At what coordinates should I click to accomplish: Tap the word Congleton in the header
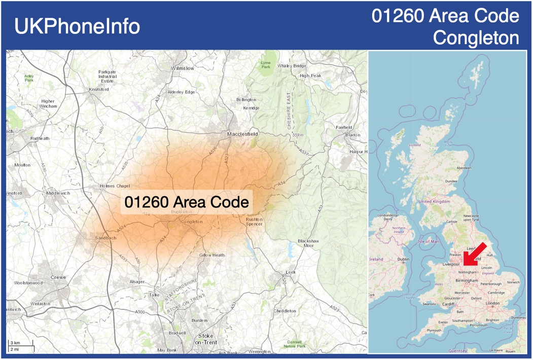[477, 38]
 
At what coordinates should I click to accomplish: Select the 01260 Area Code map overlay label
[187, 202]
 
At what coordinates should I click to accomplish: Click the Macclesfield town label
[242, 134]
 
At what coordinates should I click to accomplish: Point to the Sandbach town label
[105, 238]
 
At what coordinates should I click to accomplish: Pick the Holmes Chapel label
[115, 186]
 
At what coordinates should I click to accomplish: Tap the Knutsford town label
[99, 90]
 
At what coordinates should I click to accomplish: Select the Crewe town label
[58, 277]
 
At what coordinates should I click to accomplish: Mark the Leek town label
[291, 272]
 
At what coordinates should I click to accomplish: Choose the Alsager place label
[137, 281]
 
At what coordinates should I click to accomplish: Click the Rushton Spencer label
[254, 221]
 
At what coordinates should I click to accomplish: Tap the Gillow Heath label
[211, 255]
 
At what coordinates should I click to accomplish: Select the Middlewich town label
[58, 193]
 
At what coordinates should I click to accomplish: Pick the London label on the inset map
[492, 303]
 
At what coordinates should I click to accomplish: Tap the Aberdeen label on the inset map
[464, 168]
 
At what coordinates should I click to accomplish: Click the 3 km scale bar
[20, 345]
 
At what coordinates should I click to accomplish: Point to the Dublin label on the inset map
[403, 260]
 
